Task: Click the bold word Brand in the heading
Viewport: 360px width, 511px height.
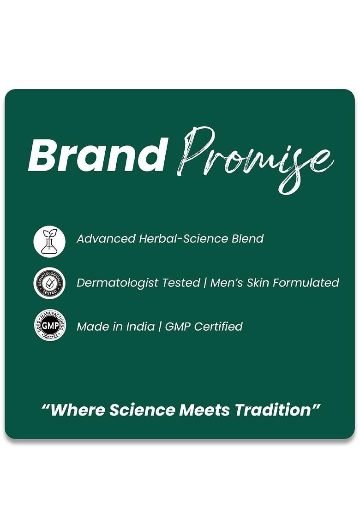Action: tap(96, 154)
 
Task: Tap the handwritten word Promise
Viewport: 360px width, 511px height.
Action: tap(255, 160)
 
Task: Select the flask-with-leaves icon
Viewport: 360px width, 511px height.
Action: tap(49, 242)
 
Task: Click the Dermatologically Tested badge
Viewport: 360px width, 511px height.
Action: tap(49, 283)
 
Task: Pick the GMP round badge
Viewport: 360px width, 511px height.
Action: tap(49, 325)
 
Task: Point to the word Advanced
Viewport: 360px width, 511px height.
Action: tap(106, 238)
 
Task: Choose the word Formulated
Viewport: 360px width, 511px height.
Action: tap(306, 282)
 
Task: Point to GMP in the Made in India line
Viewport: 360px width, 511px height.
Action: tap(178, 326)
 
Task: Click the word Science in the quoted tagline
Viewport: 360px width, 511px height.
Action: tap(142, 410)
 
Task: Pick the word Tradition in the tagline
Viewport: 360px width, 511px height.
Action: tap(273, 410)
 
